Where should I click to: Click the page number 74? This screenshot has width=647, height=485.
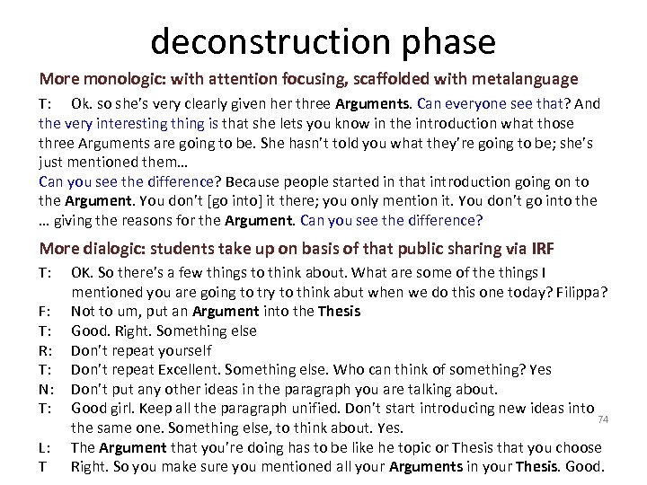coord(604,419)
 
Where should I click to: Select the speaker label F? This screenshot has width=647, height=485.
coord(45,311)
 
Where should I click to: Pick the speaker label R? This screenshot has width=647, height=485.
coord(45,350)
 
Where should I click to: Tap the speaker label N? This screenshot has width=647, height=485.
coord(46,389)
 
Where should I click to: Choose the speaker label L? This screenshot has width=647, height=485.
coord(44,447)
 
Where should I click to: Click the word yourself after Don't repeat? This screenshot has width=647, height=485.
coord(182,350)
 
